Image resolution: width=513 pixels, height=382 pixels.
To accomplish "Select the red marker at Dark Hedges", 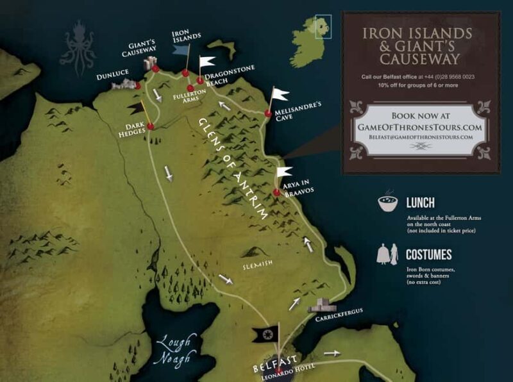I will pyautogui.click(x=150, y=126).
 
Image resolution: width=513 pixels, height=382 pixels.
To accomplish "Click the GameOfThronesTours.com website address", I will pyautogui.click(x=421, y=127).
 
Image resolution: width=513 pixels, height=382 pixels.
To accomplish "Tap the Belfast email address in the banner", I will pyautogui.click(x=421, y=137).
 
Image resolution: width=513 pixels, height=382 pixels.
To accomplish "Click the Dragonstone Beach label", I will pyautogui.click(x=228, y=77).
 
